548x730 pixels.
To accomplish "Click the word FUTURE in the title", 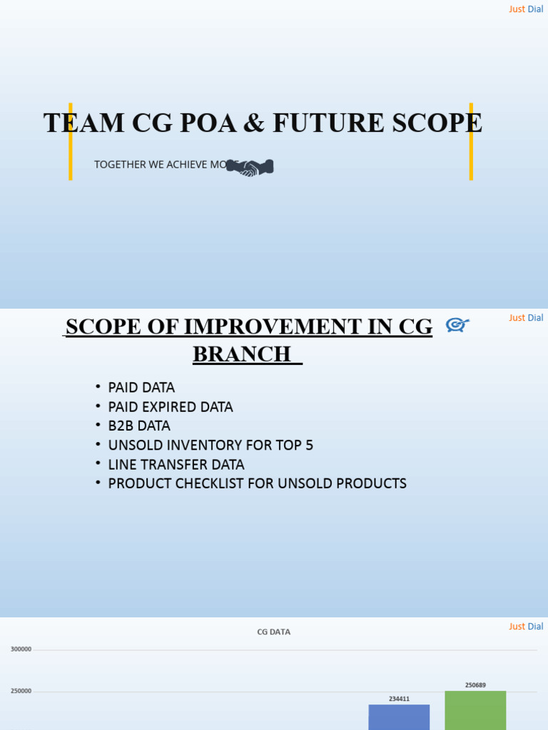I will tap(317, 123).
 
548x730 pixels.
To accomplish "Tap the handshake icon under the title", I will tap(250, 168).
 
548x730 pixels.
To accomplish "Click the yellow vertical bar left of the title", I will tap(70, 141).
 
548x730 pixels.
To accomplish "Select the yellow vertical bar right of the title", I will tap(471, 141).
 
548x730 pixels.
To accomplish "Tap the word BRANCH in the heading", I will tap(242, 354).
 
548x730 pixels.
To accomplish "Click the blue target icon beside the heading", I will tap(457, 325).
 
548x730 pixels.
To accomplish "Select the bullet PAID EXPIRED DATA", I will tap(170, 407).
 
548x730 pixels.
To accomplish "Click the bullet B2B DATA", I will tap(139, 426).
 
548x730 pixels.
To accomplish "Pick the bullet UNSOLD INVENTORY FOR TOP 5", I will tap(210, 446).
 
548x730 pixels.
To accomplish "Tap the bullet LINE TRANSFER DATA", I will tap(176, 465).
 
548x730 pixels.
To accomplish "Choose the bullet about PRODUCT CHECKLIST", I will tap(257, 483).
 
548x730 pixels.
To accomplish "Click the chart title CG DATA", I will tap(274, 632).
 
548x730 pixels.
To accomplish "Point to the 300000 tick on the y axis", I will tap(21, 649).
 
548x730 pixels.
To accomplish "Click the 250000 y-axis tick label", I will tap(21, 692).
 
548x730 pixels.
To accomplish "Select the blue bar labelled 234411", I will tap(399, 717).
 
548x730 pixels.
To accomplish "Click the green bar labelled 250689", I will tap(475, 711).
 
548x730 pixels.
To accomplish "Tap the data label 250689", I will tap(475, 685).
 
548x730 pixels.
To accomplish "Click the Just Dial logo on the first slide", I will tap(526, 9).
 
